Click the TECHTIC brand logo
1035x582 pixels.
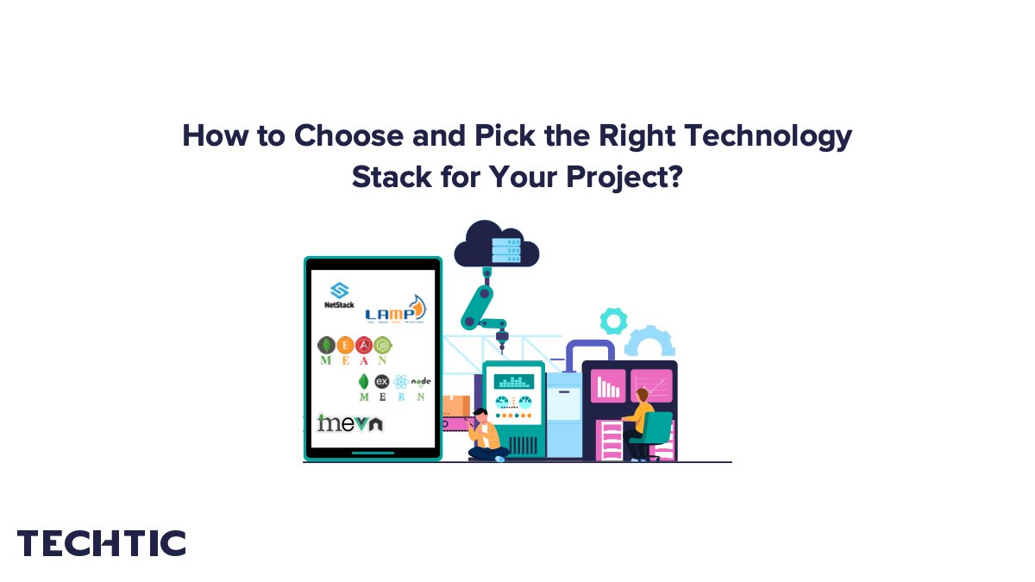tap(102, 543)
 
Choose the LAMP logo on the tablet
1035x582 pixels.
tap(395, 310)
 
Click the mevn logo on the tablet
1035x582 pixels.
tap(349, 422)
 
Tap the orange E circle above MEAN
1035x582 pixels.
tap(345, 346)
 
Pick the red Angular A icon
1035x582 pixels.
tap(365, 346)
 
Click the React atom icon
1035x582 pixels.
tap(401, 382)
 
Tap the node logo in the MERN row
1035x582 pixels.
tap(421, 381)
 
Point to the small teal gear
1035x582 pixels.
tap(613, 321)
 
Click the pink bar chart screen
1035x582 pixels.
tap(608, 385)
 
